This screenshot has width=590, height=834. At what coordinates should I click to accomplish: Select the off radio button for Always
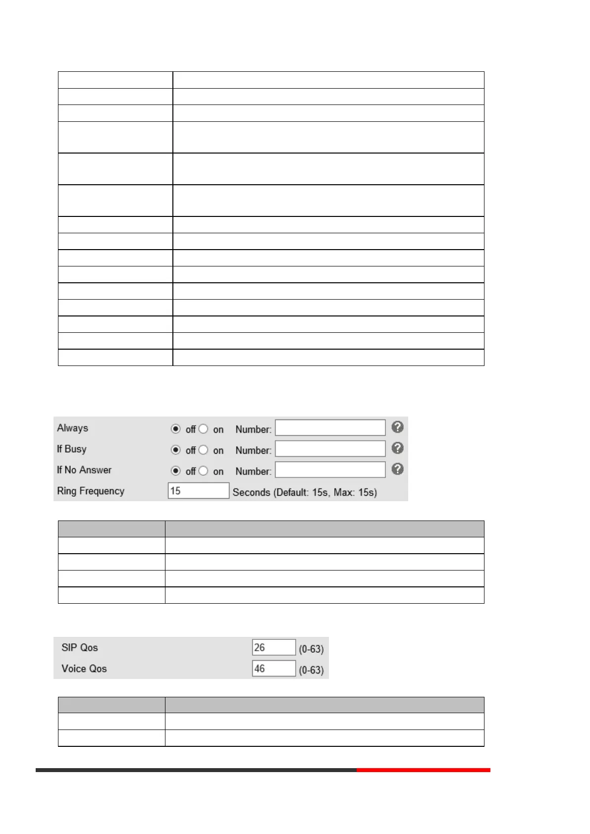pos(176,429)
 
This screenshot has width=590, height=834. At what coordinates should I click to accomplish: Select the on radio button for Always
pos(203,429)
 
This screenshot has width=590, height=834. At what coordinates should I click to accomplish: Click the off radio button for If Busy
pos(176,450)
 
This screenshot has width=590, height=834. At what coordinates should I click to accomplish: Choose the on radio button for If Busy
pos(203,450)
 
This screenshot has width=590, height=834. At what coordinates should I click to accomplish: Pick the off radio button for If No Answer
pos(176,470)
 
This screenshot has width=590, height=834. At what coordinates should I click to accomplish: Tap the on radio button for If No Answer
pos(203,470)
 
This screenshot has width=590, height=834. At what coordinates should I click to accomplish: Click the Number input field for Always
pos(330,428)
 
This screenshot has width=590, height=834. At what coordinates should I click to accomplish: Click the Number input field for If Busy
pos(330,449)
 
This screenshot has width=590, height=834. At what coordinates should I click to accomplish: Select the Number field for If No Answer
pos(330,469)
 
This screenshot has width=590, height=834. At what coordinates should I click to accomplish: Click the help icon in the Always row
pos(397,427)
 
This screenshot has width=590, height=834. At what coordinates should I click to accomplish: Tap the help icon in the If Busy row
pos(397,448)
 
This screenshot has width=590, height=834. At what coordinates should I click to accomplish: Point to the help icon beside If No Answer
pos(397,469)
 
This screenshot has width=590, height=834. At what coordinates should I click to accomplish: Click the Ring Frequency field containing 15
pos(198,491)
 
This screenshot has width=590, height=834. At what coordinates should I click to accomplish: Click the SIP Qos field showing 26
pos(273,647)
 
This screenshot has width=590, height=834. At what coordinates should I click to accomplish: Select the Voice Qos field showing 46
pos(273,669)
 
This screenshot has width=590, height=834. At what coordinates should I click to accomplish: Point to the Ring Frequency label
pos(91,491)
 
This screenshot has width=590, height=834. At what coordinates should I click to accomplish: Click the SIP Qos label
pos(80,647)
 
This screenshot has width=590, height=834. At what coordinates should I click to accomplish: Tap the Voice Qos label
pos(84,669)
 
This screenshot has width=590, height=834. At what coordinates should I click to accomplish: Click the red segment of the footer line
pos(423,770)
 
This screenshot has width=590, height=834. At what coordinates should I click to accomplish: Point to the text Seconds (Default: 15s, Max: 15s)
pos(305,492)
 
